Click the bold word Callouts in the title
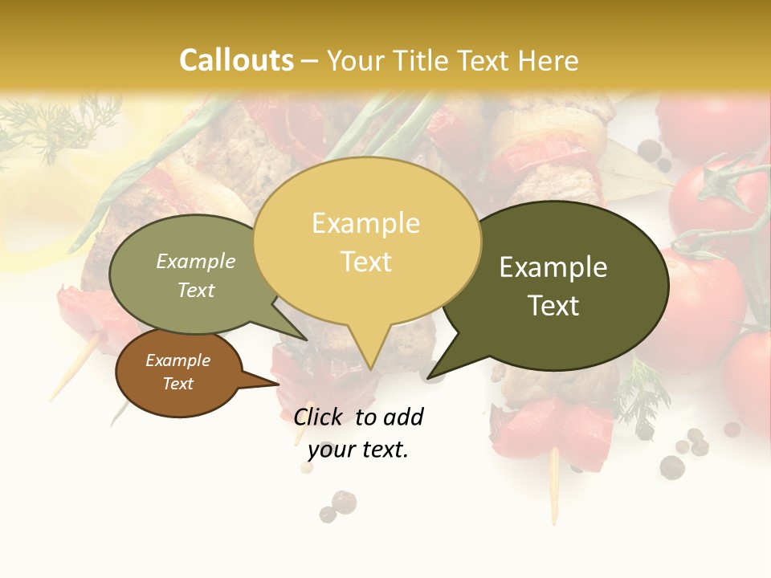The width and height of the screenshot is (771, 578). (x=236, y=60)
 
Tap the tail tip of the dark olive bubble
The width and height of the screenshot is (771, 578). (x=430, y=377)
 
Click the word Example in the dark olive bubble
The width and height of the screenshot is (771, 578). (x=553, y=267)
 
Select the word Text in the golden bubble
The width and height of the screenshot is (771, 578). (x=366, y=262)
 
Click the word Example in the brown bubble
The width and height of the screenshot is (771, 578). (x=177, y=360)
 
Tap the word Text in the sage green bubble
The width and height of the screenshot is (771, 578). (x=196, y=290)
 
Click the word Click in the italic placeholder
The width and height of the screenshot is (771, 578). (x=319, y=417)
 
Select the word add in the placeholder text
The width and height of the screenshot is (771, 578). (x=403, y=417)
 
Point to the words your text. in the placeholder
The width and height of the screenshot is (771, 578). (x=358, y=450)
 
